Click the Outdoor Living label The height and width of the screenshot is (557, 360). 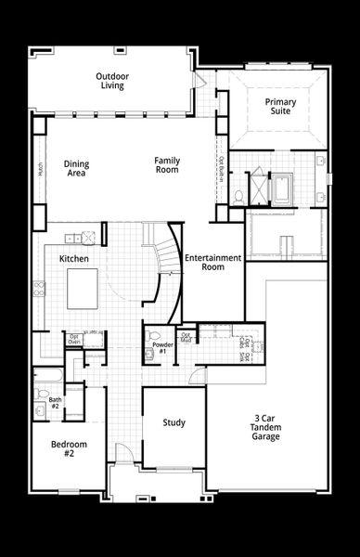[x=112, y=81]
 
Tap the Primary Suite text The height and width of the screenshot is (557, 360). [x=278, y=106]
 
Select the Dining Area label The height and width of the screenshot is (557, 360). [x=77, y=168]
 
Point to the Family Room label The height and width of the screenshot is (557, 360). [x=167, y=164]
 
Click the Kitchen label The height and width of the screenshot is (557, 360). [x=73, y=258]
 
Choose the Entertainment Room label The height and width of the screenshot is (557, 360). [x=212, y=262]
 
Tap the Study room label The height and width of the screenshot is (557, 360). [x=174, y=422]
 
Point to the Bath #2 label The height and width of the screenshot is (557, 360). [x=55, y=403]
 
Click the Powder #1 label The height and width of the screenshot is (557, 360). [x=160, y=349]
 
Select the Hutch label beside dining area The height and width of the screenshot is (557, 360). [x=41, y=169]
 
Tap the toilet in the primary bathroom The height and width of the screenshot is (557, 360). [x=238, y=196]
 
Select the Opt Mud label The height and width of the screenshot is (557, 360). [x=185, y=336]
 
